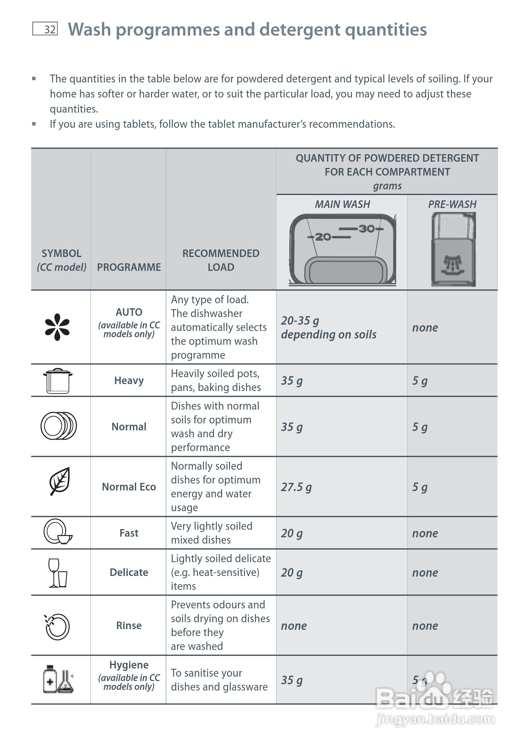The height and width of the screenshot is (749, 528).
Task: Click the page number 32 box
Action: (x=45, y=29)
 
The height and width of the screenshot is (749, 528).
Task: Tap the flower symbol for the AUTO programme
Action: (x=58, y=327)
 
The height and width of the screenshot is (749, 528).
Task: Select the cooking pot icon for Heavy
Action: (x=58, y=381)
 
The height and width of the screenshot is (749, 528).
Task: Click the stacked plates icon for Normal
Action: (x=59, y=426)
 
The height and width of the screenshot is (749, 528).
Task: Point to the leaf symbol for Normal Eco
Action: (x=59, y=481)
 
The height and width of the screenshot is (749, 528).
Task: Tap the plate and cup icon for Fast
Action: (x=58, y=532)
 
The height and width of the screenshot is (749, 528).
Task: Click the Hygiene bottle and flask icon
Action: (x=58, y=679)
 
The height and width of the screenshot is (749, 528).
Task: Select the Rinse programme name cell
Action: (x=129, y=625)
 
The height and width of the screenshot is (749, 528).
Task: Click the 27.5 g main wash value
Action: (x=296, y=487)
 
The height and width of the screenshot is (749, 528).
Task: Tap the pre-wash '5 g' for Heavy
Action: (x=420, y=381)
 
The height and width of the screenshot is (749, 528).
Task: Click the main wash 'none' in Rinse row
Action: (x=294, y=626)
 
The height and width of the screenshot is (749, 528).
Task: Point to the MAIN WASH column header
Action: (x=342, y=204)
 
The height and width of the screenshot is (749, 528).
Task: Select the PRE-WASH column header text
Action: (x=452, y=204)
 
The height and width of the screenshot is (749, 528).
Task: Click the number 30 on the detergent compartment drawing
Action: (x=367, y=229)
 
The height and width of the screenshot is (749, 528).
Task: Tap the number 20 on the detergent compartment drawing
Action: (x=323, y=237)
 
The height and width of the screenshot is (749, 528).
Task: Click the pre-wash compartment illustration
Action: (x=453, y=249)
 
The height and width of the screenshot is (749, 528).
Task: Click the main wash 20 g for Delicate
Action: (x=292, y=573)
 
